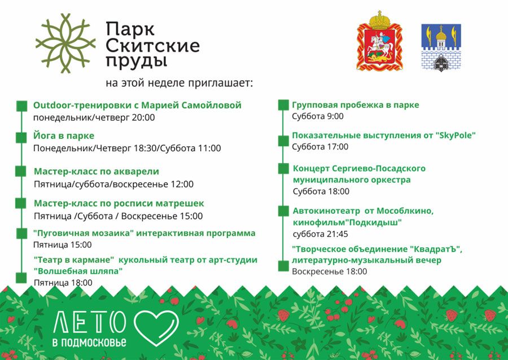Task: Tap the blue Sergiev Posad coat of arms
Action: point(441,47)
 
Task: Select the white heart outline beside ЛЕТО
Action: point(156,328)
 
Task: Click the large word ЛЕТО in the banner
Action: point(89,322)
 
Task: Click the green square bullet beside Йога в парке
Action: point(21,137)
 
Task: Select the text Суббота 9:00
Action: point(318,116)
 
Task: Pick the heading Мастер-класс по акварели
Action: point(97,172)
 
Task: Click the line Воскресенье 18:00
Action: point(329,271)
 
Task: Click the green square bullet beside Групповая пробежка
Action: point(284,105)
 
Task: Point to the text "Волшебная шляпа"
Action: point(78,271)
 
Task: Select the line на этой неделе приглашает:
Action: point(179,82)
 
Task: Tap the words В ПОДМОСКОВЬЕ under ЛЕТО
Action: point(89,343)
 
